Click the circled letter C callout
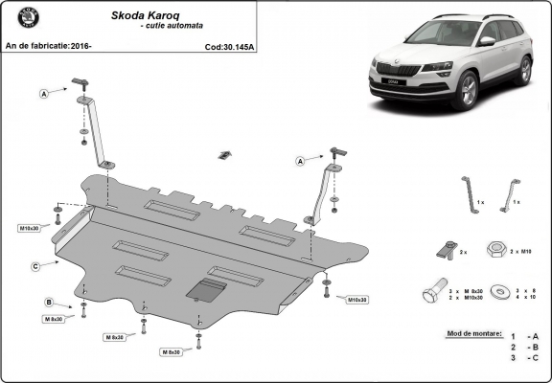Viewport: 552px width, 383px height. (34, 265)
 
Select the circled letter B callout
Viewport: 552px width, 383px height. (48, 303)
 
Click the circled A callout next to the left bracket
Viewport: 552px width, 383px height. (44, 93)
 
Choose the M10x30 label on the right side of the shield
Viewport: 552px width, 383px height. (356, 300)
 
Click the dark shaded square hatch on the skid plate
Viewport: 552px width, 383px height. (205, 291)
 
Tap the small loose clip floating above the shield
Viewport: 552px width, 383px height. (224, 154)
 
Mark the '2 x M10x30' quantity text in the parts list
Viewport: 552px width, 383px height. (466, 298)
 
